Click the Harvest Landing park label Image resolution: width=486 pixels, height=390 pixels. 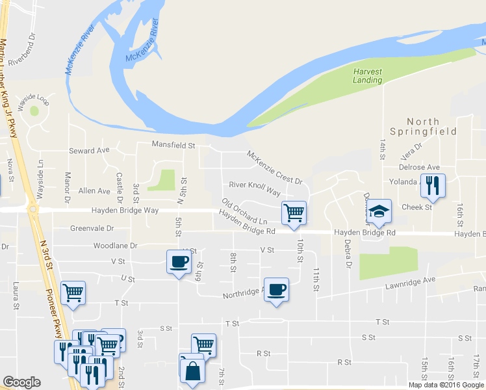(x=367, y=75)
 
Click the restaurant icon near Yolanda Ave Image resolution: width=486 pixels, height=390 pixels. (x=431, y=185)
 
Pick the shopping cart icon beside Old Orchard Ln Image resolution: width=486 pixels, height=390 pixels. (x=294, y=212)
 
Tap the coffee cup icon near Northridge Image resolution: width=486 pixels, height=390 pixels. (x=276, y=289)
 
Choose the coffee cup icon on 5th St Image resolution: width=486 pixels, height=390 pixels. (x=179, y=262)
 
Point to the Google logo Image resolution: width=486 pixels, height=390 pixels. (x=21, y=382)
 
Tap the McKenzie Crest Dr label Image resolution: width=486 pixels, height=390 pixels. (x=274, y=167)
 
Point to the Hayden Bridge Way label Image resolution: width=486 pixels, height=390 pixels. (x=125, y=211)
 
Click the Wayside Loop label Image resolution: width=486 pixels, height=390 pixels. (x=34, y=98)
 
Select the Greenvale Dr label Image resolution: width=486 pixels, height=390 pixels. (x=92, y=228)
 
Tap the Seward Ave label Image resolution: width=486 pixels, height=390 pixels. (x=90, y=151)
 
